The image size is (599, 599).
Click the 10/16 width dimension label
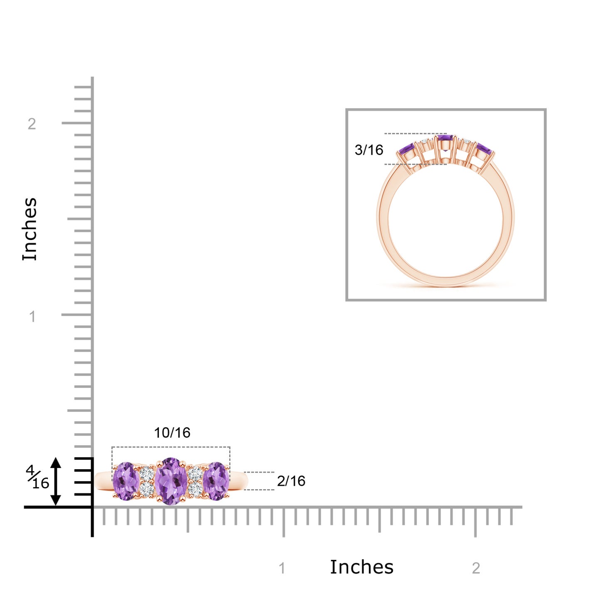172,433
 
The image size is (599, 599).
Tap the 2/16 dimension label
291,481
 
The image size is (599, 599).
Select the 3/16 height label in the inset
369,150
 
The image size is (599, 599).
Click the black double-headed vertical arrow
56,482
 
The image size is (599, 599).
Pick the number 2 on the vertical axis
32,124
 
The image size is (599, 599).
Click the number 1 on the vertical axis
32,317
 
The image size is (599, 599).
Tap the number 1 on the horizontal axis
282,569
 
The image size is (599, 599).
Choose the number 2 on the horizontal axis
476,569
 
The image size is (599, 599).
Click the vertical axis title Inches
30,229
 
